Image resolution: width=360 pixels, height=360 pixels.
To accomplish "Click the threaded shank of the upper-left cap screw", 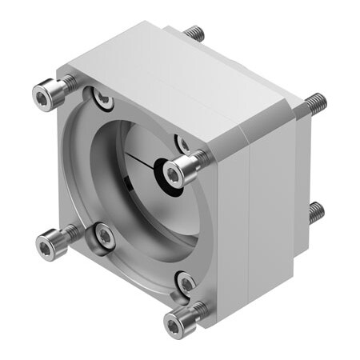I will (67, 84).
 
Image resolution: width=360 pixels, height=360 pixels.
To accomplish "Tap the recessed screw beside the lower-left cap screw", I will (104, 234).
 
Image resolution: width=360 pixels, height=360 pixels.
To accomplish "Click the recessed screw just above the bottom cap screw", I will (186, 282).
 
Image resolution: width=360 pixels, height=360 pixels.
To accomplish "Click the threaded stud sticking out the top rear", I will (194, 34).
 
